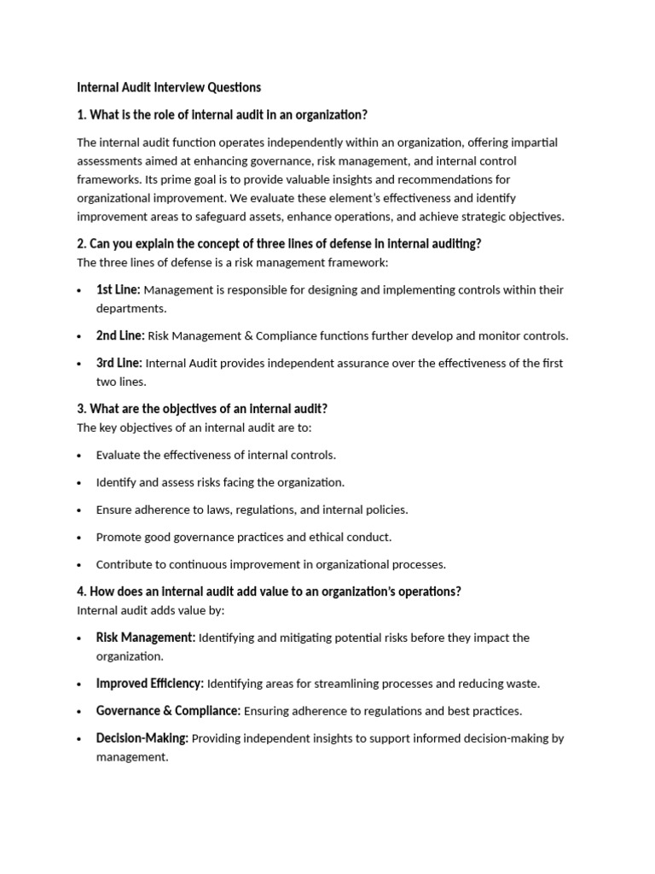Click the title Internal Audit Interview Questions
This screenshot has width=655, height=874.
tap(169, 87)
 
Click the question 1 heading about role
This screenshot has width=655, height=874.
tap(222, 114)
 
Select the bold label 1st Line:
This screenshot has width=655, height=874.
tap(118, 289)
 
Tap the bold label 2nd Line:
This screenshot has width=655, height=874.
tap(120, 335)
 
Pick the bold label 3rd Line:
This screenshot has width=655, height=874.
tap(119, 363)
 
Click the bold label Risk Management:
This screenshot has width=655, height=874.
tap(146, 638)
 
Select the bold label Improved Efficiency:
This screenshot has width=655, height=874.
tap(150, 684)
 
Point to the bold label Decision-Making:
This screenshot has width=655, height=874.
tap(142, 738)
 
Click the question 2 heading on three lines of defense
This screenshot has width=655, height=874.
tap(279, 243)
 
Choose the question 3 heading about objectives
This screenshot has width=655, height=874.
tap(202, 409)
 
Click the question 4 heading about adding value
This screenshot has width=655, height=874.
tap(269, 591)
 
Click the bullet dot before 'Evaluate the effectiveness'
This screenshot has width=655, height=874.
tap(79, 456)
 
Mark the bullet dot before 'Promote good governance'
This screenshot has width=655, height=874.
tap(79, 538)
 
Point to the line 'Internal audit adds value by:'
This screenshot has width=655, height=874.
tap(151, 610)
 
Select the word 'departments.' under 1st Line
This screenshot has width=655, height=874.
tap(131, 308)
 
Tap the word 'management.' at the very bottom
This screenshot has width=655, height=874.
tap(132, 757)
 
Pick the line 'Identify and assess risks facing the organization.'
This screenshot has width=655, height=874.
tap(220, 482)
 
